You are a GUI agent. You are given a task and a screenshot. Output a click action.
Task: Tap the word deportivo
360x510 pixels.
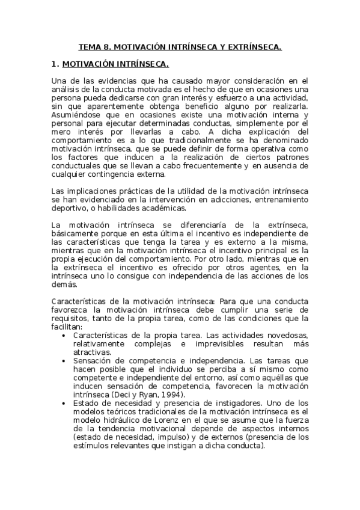(x=69, y=208)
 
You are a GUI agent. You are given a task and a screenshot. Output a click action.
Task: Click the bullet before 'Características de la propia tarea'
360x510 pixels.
(x=64, y=335)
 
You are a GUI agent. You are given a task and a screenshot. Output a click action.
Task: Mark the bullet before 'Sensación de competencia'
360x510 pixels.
(x=64, y=360)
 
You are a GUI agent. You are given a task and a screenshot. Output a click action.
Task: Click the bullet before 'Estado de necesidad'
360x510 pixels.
(x=64, y=403)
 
